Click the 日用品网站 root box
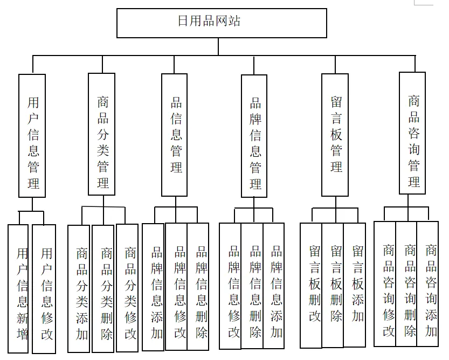click(x=222, y=23)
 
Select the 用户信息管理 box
click(x=32, y=135)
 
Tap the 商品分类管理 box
click(x=102, y=134)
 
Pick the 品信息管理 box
click(x=175, y=135)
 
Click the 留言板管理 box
click(x=335, y=135)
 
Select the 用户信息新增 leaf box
click(x=18, y=289)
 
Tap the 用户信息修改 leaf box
click(x=44, y=289)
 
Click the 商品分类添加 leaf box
click(x=79, y=288)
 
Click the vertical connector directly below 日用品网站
click(x=218, y=46)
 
